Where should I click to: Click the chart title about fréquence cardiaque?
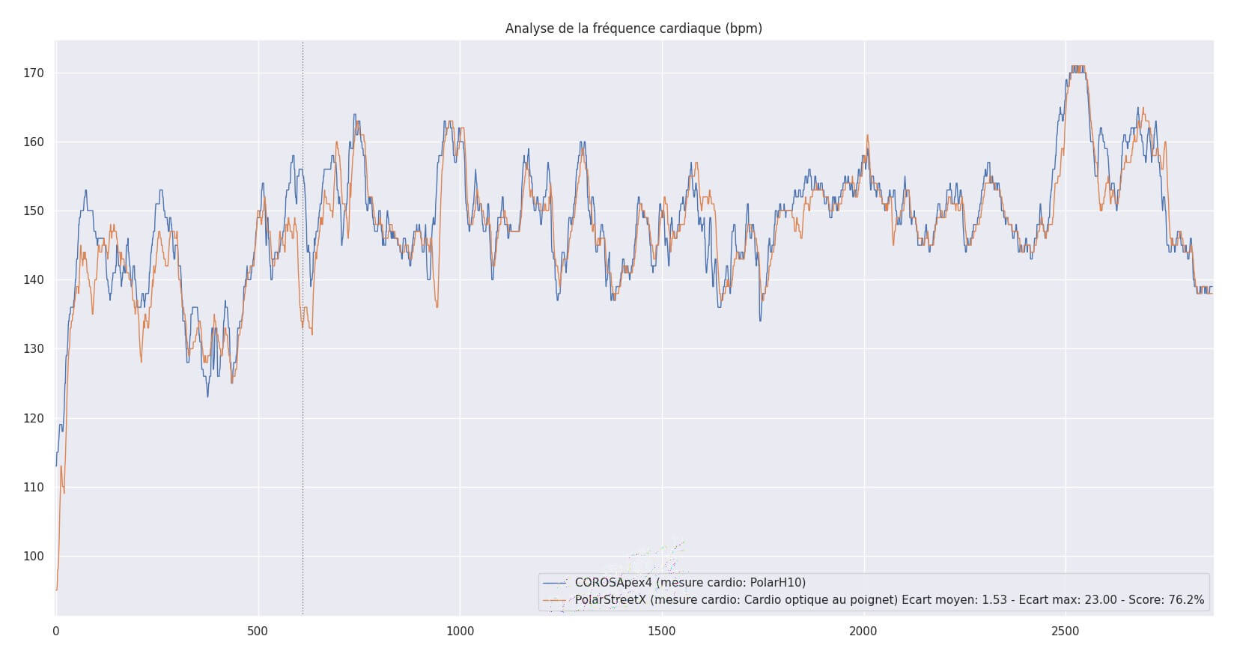[x=633, y=28]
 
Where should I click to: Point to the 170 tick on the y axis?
[x=34, y=73]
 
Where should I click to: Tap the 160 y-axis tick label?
[x=34, y=142]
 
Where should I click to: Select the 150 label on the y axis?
[x=34, y=211]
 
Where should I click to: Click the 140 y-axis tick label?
[x=34, y=280]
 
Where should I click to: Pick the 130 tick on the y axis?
[x=34, y=349]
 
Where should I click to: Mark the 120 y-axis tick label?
[x=34, y=418]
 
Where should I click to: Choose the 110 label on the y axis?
[x=34, y=487]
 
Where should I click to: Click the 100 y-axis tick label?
[x=34, y=556]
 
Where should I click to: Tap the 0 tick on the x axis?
[x=56, y=632]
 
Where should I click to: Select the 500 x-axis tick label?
[x=258, y=632]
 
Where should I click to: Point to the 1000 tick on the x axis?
[x=460, y=632]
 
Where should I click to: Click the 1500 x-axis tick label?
[x=662, y=632]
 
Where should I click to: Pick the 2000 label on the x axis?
[x=863, y=632]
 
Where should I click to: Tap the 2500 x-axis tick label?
[x=1066, y=632]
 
